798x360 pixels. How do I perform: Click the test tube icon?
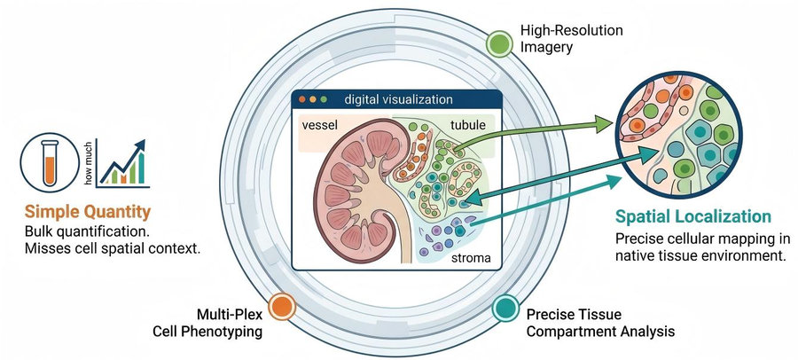(x=50, y=162)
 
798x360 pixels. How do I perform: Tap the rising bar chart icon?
(x=122, y=163)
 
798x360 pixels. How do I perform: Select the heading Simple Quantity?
(x=88, y=212)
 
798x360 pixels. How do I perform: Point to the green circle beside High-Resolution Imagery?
(x=499, y=43)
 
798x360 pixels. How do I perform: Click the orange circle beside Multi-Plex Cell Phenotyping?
(x=281, y=307)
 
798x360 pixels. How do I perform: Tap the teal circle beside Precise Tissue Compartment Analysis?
(x=505, y=308)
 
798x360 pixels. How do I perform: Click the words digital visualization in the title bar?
(x=398, y=98)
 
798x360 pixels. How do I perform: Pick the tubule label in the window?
(x=467, y=125)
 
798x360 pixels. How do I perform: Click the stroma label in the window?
(x=472, y=258)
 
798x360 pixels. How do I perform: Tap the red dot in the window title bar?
(x=302, y=99)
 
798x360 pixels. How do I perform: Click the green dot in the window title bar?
(x=323, y=99)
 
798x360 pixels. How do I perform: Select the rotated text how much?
(x=88, y=163)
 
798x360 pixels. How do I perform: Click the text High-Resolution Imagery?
(x=571, y=39)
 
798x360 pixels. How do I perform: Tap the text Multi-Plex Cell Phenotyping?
(x=207, y=323)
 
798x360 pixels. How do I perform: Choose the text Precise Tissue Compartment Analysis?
(x=600, y=323)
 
